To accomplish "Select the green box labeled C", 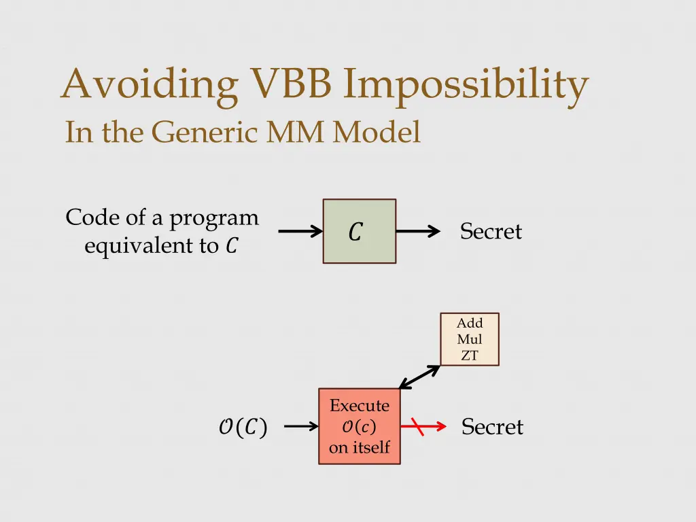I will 359,231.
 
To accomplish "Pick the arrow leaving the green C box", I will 417,232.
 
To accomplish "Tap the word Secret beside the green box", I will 491,232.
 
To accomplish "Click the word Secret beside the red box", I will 492,427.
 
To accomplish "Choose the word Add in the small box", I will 470,324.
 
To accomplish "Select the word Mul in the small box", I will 470,339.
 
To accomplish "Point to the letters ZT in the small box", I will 470,355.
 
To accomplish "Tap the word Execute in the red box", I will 360,406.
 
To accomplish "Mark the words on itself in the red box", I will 360,447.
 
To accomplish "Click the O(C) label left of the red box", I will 243,427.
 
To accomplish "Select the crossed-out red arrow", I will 423,427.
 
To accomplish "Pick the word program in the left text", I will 214,218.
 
